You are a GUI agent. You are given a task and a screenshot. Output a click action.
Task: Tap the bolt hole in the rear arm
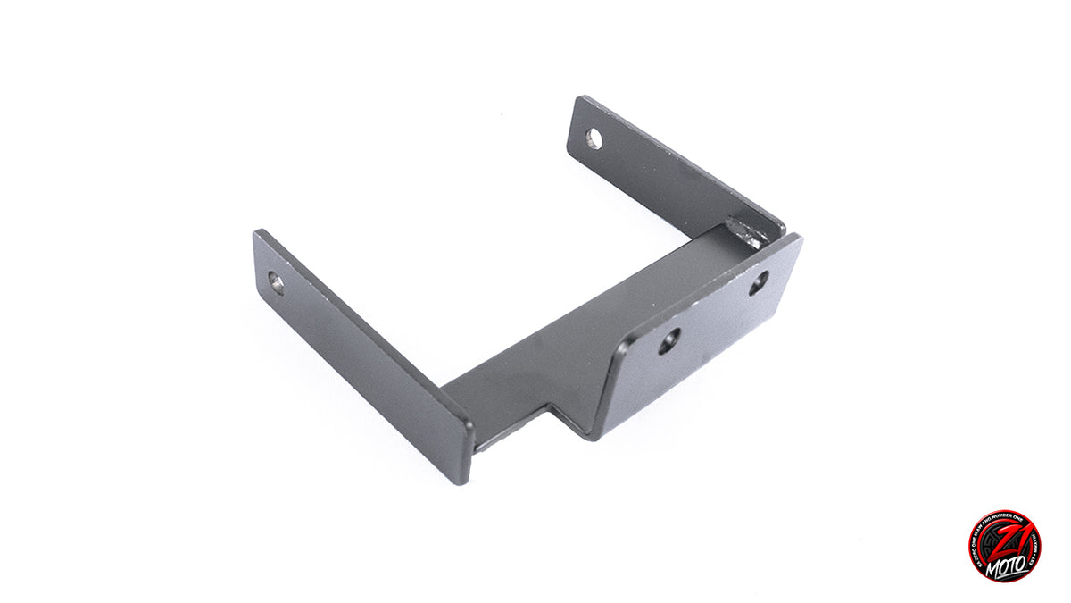594,138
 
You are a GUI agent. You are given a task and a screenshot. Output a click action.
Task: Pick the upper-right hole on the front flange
757,284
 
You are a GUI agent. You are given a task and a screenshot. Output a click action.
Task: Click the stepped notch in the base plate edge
552,413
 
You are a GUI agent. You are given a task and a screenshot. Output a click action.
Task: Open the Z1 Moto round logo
1004,546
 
